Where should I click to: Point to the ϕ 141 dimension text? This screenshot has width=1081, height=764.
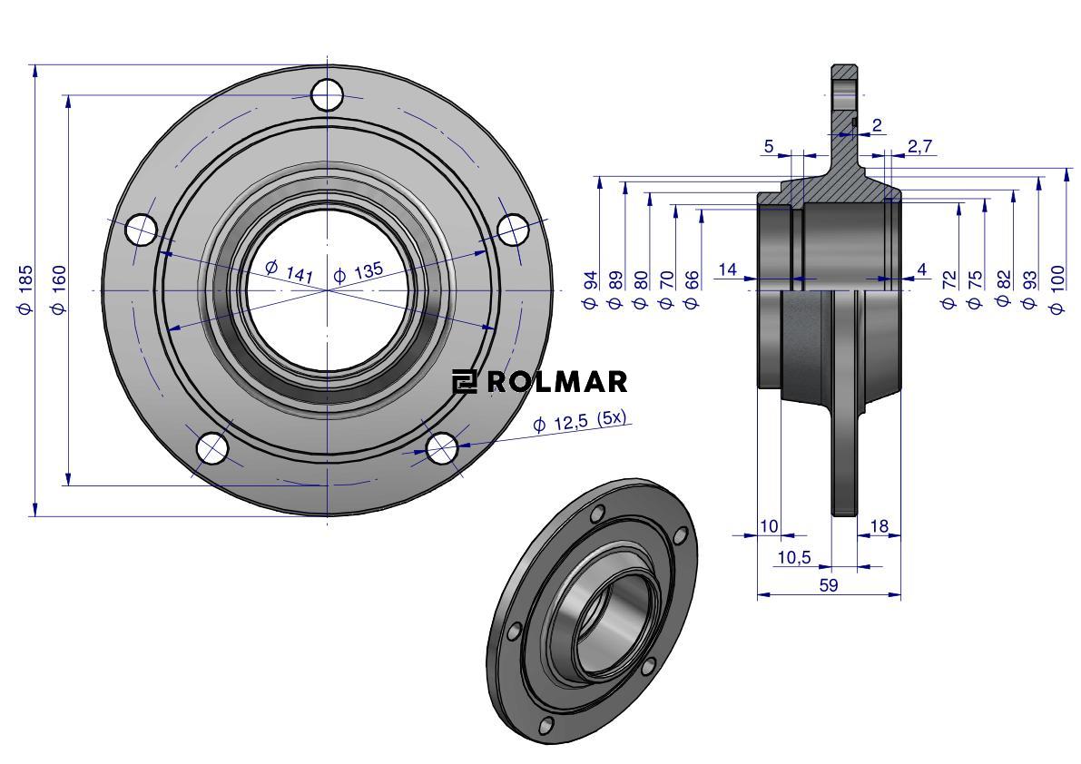290,271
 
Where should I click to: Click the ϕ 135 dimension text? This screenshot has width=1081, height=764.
358,273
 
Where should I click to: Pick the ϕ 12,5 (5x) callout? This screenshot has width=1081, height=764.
582,421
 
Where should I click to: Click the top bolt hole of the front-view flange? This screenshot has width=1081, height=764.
327,94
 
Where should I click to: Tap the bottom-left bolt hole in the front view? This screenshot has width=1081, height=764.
211,448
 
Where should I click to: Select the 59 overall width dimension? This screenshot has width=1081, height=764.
829,585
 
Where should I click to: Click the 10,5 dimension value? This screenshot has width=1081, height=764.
794,557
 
